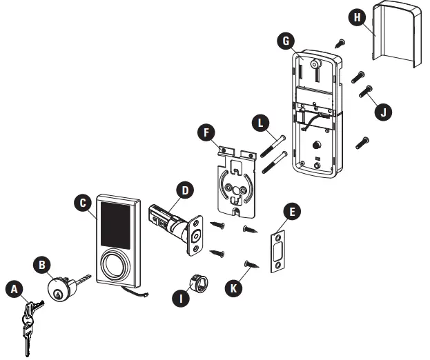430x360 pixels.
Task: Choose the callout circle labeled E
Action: [291, 213]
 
